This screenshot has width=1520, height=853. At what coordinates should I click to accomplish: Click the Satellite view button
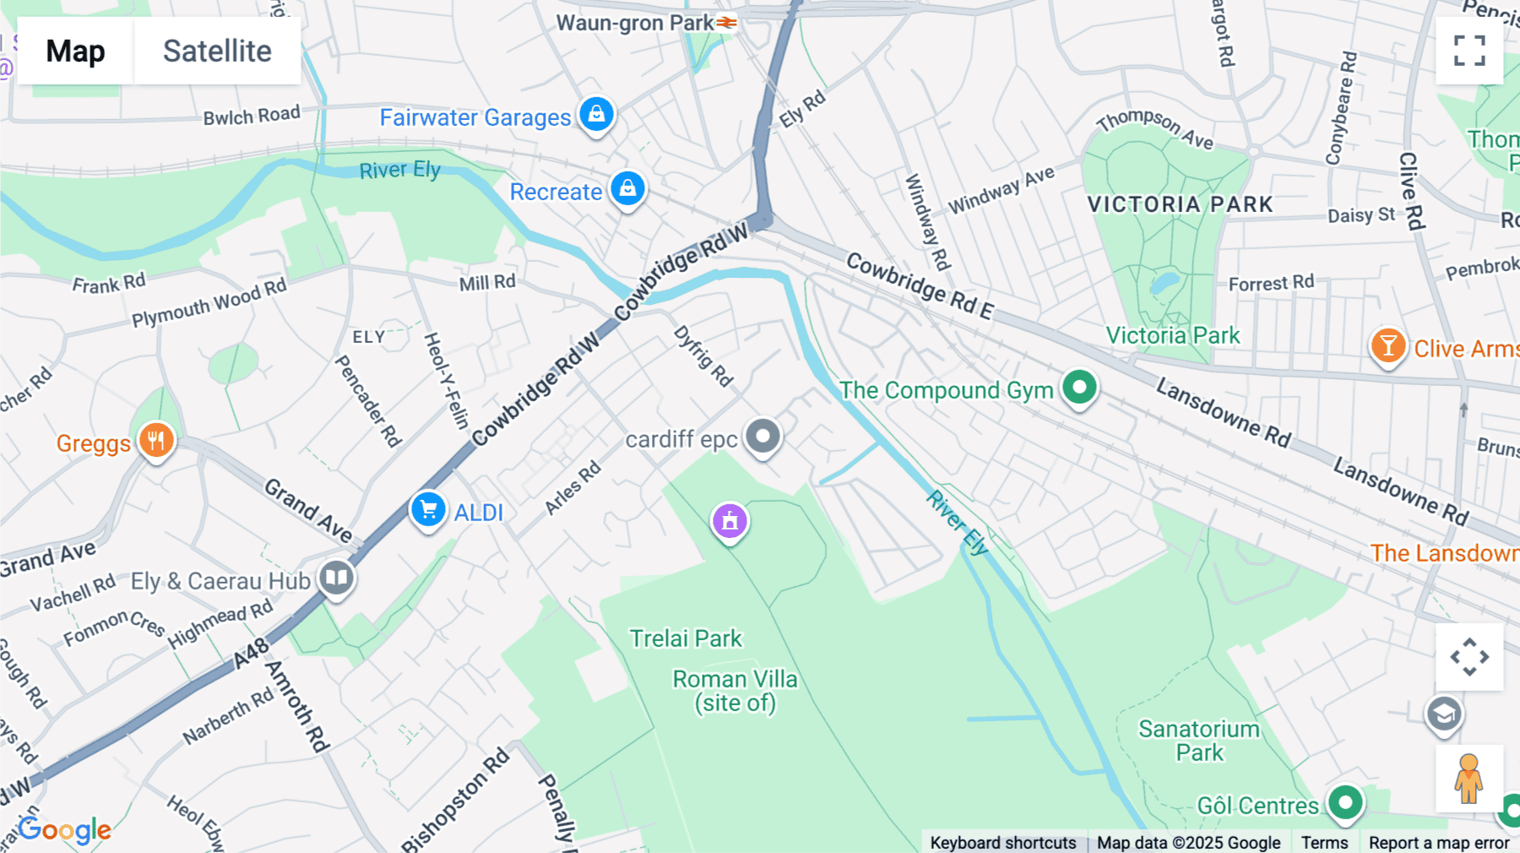pos(217,52)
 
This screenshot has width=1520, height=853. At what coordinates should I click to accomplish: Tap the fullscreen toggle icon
pos(1469,51)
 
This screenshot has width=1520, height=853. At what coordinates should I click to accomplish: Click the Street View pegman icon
pos(1468,778)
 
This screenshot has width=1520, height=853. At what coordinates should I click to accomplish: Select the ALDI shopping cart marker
pos(428,510)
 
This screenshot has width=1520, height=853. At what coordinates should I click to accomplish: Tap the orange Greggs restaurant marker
pos(156,440)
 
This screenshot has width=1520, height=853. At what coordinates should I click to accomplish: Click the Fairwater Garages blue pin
pos(596,114)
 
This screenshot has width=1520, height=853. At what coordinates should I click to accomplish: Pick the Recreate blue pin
pos(627,188)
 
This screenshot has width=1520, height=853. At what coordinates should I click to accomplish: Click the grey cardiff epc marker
pos(763,437)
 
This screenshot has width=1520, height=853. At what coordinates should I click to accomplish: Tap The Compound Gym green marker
pos(1079,388)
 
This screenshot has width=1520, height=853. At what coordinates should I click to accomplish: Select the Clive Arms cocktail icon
pos(1387,346)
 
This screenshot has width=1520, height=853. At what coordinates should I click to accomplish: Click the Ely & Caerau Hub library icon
pos(337,579)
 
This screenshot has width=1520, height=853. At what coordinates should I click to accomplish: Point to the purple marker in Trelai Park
pos(730,521)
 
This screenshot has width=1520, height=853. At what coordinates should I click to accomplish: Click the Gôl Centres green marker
pos(1345,802)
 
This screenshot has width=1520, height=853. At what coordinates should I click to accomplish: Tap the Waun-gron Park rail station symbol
pos(726,23)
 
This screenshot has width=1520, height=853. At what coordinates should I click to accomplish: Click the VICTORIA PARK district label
pos(1180,204)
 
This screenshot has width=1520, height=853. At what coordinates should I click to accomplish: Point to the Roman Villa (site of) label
pos(735,691)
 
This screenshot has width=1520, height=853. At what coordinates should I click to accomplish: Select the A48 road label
pos(252,653)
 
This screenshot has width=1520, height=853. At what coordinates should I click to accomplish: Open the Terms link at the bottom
pos(1324,842)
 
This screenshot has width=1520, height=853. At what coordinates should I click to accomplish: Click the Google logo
pos(65,830)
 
